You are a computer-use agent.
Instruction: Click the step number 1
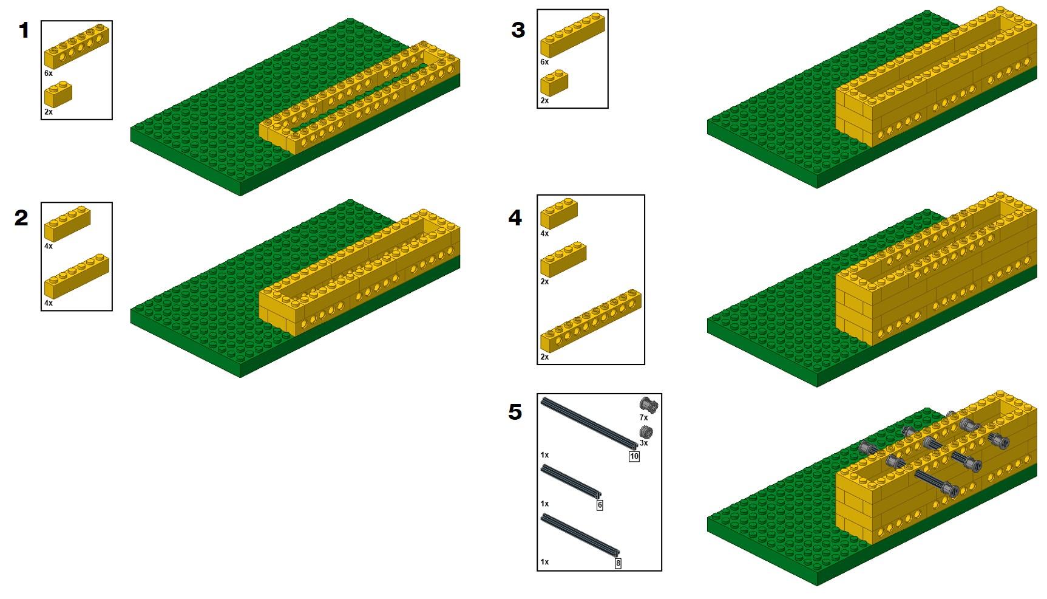[24, 30]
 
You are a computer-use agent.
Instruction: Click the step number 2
[22, 217]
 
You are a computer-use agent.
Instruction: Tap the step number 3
[518, 30]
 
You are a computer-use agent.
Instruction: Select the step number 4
[515, 217]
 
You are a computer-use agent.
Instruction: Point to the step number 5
[515, 412]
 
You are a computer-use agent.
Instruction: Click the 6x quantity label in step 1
[49, 73]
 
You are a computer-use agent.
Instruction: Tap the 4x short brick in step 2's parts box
[67, 224]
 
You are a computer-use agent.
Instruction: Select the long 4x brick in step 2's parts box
[76, 276]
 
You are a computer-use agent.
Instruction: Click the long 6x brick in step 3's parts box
[572, 35]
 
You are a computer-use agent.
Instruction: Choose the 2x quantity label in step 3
[544, 101]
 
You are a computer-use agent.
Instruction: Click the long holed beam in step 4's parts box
[591, 321]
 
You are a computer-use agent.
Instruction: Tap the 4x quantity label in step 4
[544, 233]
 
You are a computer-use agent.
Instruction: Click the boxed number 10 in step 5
[634, 457]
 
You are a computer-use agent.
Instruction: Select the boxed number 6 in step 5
[600, 505]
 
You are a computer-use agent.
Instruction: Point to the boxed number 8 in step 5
[618, 563]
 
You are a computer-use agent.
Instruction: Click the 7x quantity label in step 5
[643, 418]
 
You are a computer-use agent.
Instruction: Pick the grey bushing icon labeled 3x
[646, 433]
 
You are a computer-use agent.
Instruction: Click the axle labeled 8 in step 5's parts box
[580, 535]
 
